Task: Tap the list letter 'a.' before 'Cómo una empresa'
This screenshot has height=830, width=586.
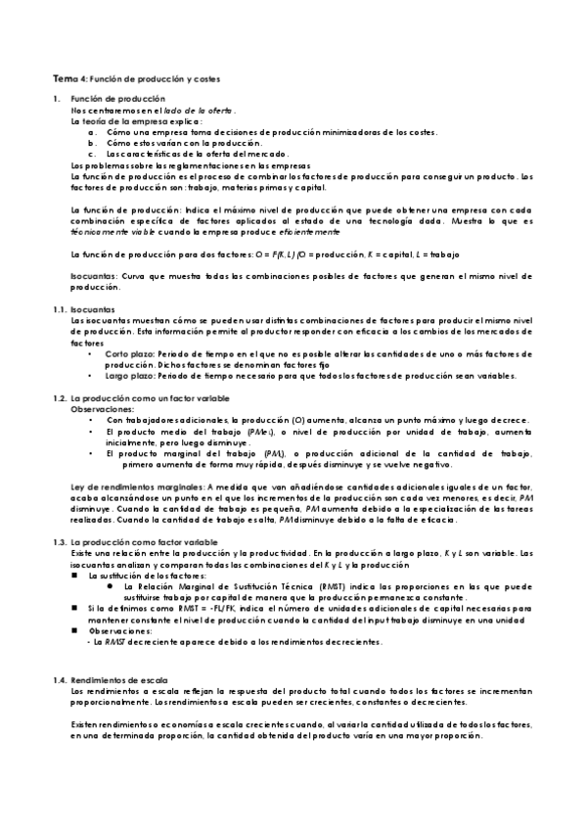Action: (92, 131)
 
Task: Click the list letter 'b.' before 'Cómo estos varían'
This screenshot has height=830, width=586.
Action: (92, 142)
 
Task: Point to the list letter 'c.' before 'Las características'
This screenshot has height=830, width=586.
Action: (92, 154)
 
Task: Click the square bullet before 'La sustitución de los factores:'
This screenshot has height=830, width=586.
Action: (75, 576)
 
